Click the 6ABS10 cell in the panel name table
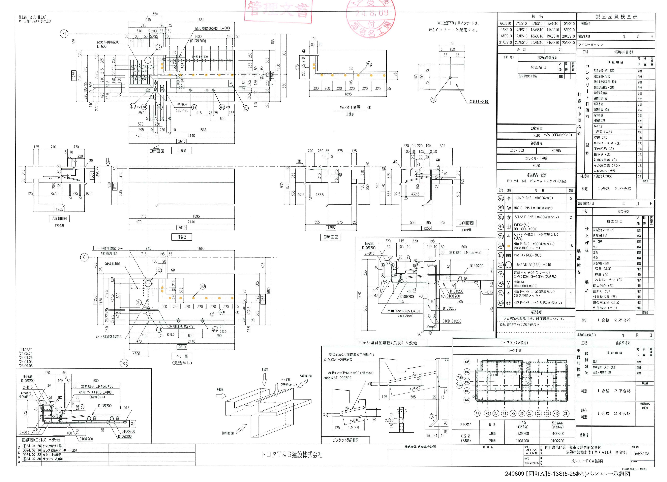(x=505, y=23)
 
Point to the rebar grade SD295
(x=556, y=151)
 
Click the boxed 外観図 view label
(x=182, y=237)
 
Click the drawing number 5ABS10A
(x=641, y=454)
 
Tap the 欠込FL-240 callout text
(x=478, y=102)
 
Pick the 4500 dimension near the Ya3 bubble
(x=136, y=354)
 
